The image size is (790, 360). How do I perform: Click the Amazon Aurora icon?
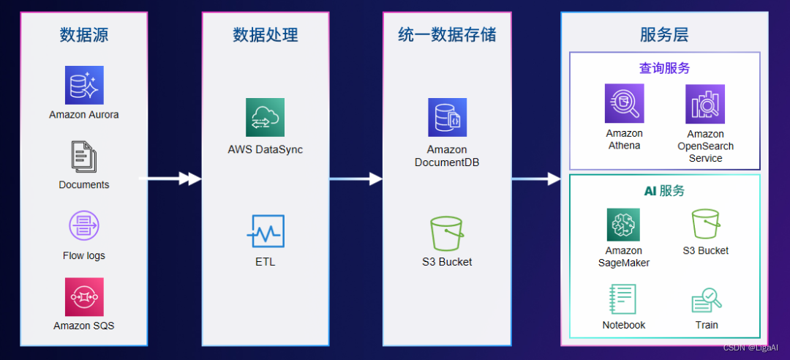click(x=84, y=85)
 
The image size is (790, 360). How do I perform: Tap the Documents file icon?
click(x=84, y=157)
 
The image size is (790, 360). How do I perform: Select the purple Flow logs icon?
click(x=84, y=225)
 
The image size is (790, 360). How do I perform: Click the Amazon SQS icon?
click(x=84, y=296)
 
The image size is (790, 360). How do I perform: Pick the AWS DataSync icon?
click(x=265, y=117)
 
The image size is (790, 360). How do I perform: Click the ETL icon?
click(x=265, y=231)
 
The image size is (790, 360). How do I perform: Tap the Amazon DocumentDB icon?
click(x=447, y=117)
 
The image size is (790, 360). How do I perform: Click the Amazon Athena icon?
click(x=624, y=103)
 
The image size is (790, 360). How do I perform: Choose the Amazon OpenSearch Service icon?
click(x=705, y=103)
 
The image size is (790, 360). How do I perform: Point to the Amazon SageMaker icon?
click(x=623, y=225)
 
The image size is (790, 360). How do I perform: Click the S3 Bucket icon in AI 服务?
click(x=706, y=225)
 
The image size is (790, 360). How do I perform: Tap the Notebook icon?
click(x=623, y=299)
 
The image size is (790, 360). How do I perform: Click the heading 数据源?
click(x=83, y=34)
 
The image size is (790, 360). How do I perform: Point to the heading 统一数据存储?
click(x=447, y=34)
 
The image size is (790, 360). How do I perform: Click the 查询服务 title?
click(x=664, y=68)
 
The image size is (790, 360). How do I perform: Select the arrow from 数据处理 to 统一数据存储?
click(x=356, y=179)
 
